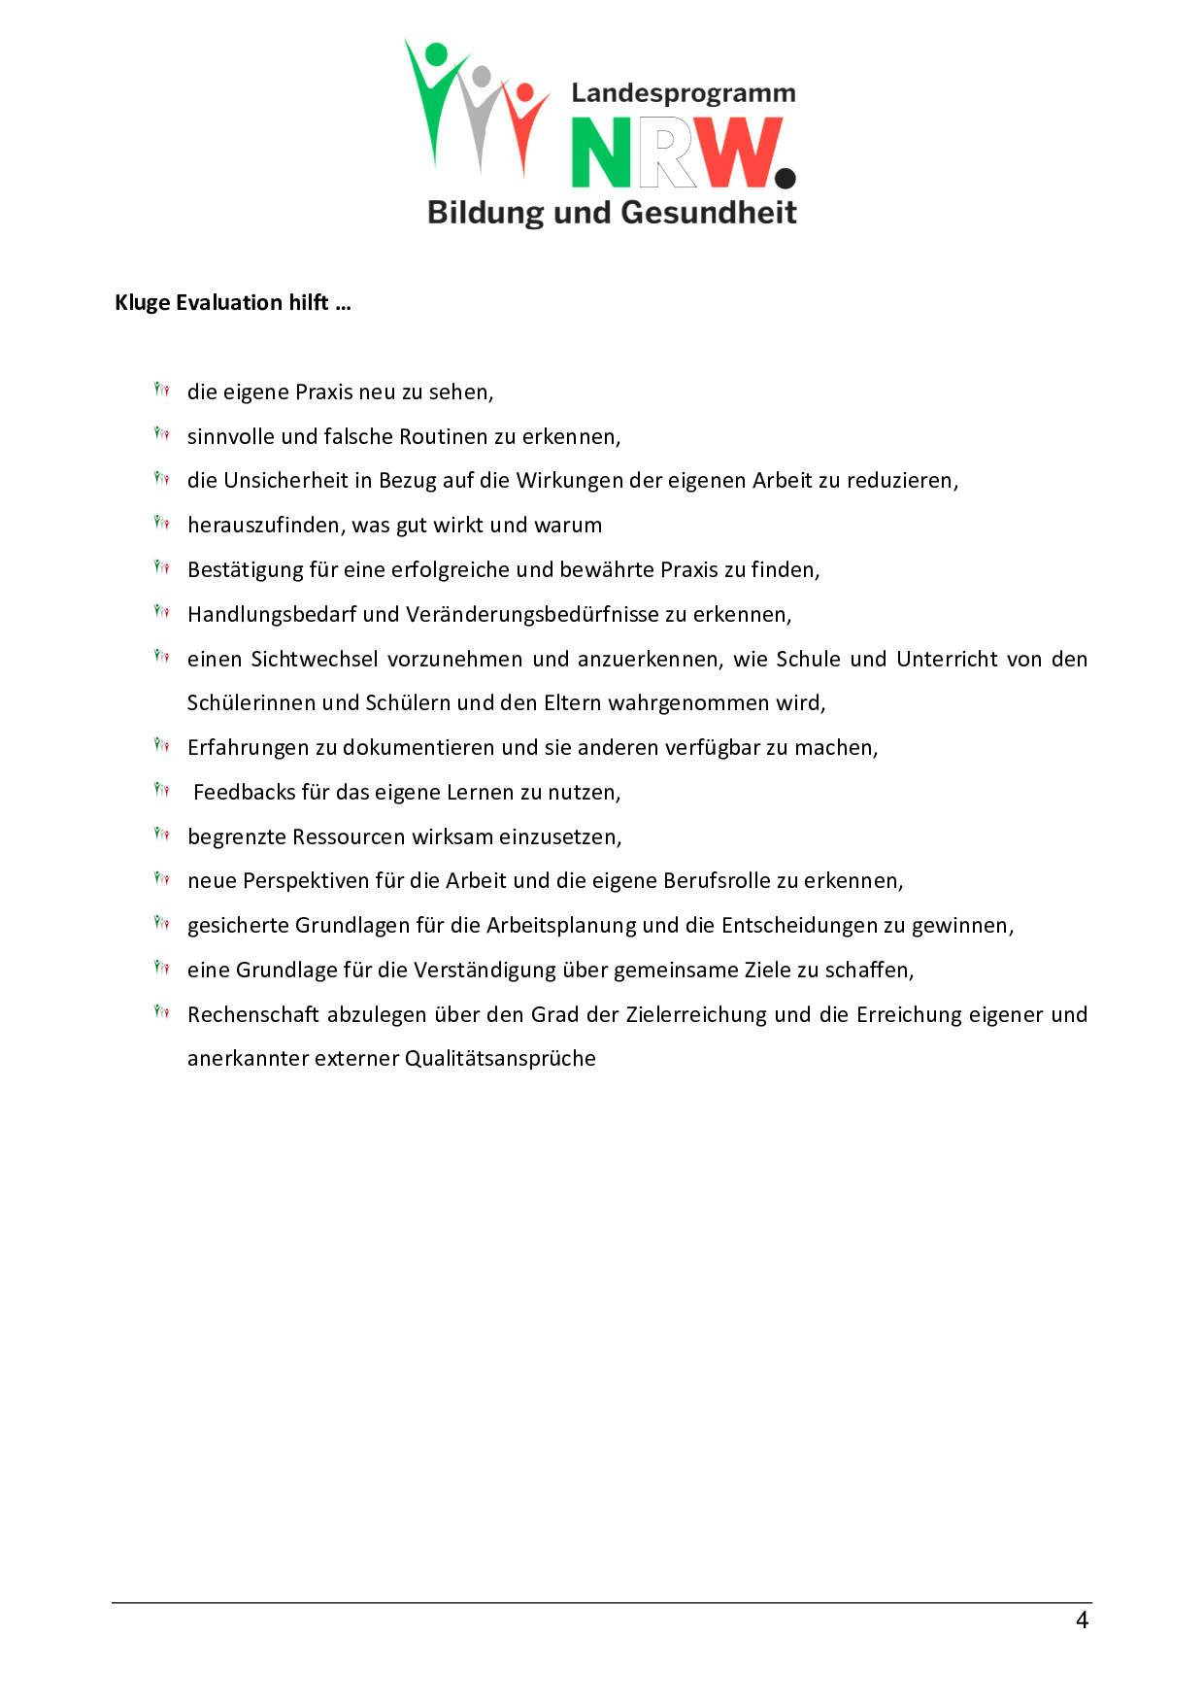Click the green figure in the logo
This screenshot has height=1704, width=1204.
pos(432,97)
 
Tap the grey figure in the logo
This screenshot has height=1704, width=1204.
pos(479,112)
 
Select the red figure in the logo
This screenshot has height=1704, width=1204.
pos(525,121)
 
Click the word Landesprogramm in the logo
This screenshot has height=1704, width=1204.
pos(683,93)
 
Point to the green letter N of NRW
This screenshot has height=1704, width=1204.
pos(602,153)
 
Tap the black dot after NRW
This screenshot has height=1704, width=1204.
pos(786,178)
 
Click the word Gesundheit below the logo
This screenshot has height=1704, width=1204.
pos(708,213)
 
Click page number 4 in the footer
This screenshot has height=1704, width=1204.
pos(1082,1619)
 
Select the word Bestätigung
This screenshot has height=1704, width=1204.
pos(245,570)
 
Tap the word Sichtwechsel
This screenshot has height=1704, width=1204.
pos(315,660)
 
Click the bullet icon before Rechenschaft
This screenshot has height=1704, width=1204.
pos(162,1012)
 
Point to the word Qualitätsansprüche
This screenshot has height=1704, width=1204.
pos(500,1059)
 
